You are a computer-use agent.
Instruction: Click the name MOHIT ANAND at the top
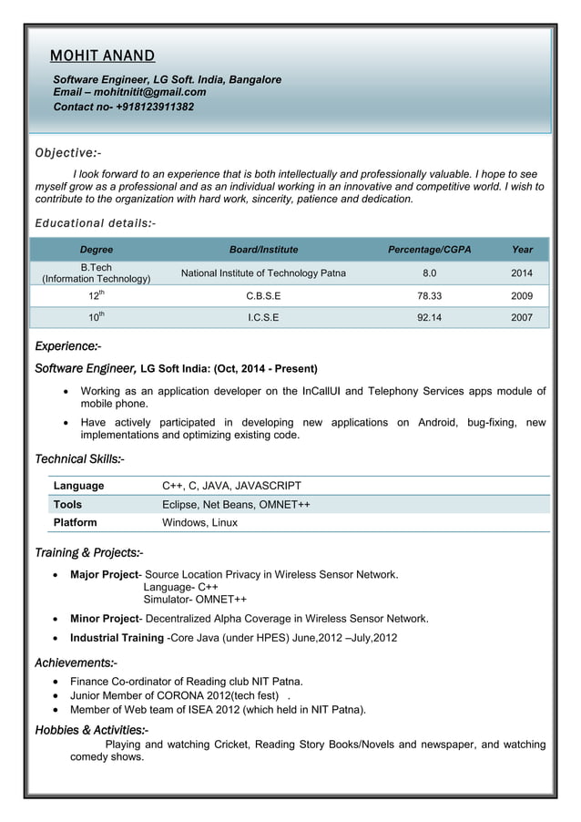[x=102, y=57]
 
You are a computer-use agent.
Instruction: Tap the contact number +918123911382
[x=155, y=107]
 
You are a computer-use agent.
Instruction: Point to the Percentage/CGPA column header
[x=429, y=249]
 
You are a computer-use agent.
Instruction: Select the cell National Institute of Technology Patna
[x=263, y=273]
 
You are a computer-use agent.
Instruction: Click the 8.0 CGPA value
[x=429, y=273]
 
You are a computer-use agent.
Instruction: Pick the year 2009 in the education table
[x=522, y=296]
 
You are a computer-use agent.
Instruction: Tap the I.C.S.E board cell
[x=263, y=318]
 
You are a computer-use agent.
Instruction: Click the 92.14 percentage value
[x=429, y=318]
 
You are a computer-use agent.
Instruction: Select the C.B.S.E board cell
[x=263, y=296]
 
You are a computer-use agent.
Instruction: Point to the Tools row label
[x=67, y=504]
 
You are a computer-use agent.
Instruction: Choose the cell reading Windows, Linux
[x=199, y=523]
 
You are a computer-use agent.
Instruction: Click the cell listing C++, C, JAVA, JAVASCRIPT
[x=231, y=486]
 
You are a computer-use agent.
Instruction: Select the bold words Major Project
[x=104, y=575]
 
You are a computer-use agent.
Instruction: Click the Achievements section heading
[x=76, y=663]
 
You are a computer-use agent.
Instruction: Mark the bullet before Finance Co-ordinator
[x=59, y=682]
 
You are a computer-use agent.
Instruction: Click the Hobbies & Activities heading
[x=91, y=730]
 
